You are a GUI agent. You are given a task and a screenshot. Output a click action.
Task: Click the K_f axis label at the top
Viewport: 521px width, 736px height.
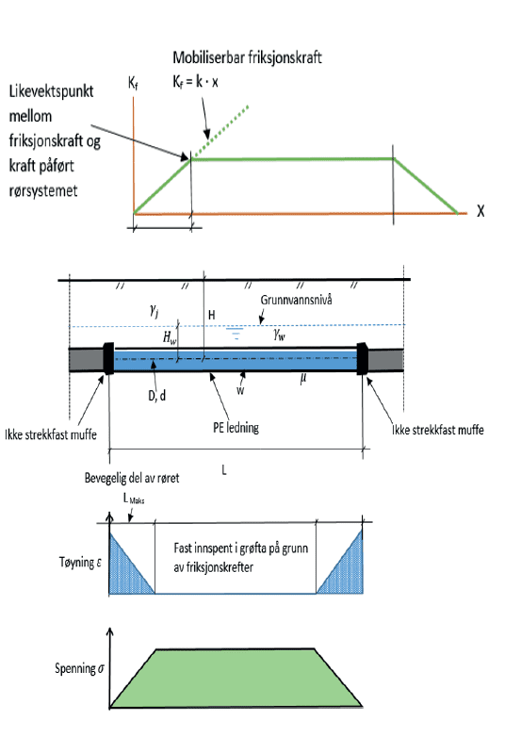133,84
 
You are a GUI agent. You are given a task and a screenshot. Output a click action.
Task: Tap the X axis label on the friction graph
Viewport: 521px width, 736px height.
480,211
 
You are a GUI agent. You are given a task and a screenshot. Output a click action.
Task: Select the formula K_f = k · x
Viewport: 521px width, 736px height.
195,82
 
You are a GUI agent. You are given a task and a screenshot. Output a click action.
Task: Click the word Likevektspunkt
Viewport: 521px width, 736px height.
51,91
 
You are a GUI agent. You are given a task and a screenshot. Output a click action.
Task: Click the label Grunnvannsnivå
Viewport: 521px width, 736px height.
296,300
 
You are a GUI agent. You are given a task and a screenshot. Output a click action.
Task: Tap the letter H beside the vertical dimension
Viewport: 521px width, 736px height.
212,315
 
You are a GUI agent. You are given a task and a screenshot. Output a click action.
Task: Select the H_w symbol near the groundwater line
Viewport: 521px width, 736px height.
170,337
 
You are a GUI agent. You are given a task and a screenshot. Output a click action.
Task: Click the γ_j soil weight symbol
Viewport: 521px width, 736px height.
154,310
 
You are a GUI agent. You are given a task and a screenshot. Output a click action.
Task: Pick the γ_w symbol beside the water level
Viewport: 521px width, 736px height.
279,335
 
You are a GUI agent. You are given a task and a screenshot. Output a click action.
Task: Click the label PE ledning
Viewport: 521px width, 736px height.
236,428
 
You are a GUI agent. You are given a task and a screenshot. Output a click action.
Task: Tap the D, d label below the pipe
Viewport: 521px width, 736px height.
156,396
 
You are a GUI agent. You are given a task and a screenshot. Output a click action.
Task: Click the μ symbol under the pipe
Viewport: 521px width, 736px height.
303,378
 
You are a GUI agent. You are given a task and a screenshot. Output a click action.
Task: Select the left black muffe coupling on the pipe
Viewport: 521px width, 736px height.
108,359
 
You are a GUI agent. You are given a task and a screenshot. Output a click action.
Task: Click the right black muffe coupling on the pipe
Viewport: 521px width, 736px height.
362,359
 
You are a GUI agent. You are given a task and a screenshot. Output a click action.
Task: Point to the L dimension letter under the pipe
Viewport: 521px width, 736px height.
224,470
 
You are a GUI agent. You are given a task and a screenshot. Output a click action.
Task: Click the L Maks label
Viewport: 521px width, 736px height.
134,499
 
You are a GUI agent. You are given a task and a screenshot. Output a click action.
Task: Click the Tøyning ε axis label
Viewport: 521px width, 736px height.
80,563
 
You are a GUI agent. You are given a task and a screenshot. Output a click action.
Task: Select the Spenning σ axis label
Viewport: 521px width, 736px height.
79,668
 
